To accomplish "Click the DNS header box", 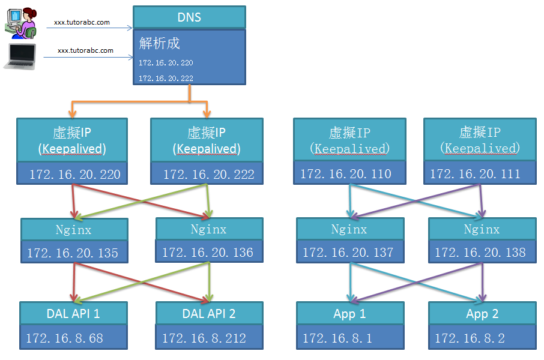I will click(x=189, y=17).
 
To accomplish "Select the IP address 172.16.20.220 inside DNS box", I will click(x=166, y=62).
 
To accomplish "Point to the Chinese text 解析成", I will click(x=160, y=43).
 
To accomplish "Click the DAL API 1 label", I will click(x=73, y=313).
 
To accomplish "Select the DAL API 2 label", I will click(x=209, y=313).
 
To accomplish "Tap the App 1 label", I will click(x=349, y=314).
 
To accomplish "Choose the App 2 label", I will click(x=482, y=314).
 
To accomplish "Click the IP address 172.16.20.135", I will click(x=73, y=253).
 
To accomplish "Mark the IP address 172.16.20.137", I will click(x=348, y=253).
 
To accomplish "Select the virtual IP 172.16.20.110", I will click(x=346, y=174).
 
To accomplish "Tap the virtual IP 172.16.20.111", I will click(x=476, y=174).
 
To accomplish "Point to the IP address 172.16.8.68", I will click(x=64, y=338).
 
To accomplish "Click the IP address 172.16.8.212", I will click(x=204, y=338).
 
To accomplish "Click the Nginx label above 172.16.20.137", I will click(x=349, y=229).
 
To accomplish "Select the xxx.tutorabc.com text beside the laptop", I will click(x=85, y=50).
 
